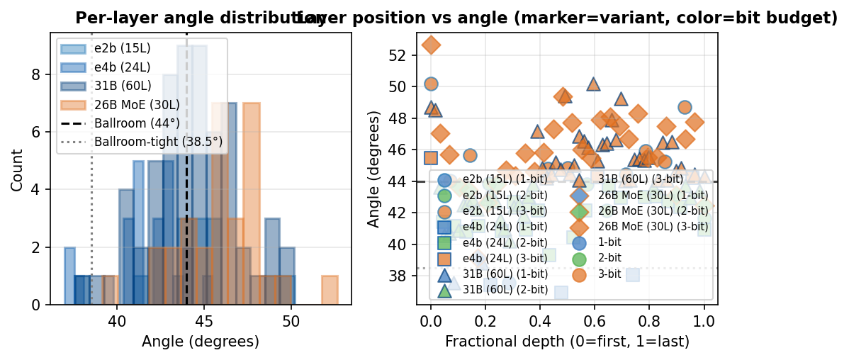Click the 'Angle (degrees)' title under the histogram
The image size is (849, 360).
pyautogui.click(x=201, y=342)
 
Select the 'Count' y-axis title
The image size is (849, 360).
pyautogui.click(x=17, y=169)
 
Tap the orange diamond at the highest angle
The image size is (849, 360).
pyautogui.click(x=431, y=45)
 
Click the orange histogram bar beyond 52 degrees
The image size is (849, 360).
pyautogui.click(x=330, y=291)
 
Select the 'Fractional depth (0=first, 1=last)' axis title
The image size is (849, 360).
pyautogui.click(x=567, y=342)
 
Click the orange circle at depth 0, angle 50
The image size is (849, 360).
pyautogui.click(x=431, y=84)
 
